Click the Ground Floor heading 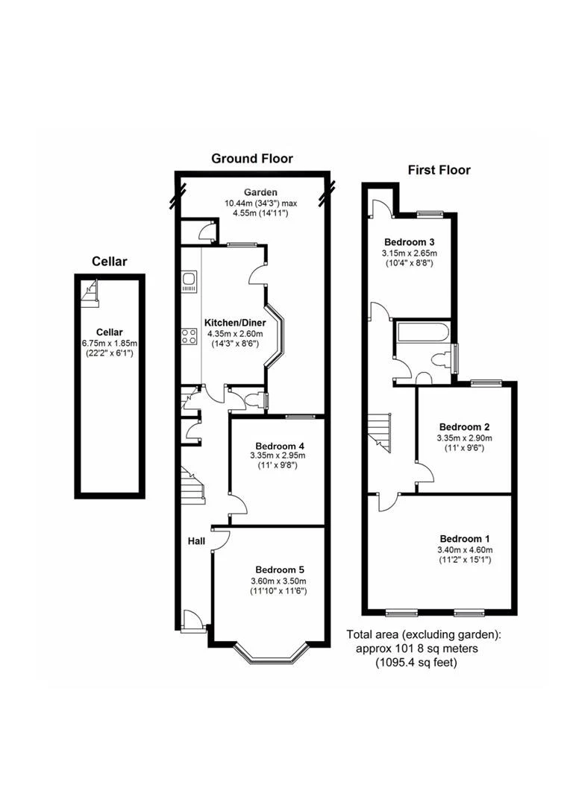click(x=251, y=158)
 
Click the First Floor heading click(x=439, y=170)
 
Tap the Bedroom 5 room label click(x=279, y=569)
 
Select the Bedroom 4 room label click(x=278, y=445)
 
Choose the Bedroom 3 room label click(x=409, y=242)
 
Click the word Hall click(x=196, y=540)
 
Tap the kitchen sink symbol click(x=189, y=282)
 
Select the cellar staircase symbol click(x=90, y=293)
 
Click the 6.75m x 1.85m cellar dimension click(x=110, y=343)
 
